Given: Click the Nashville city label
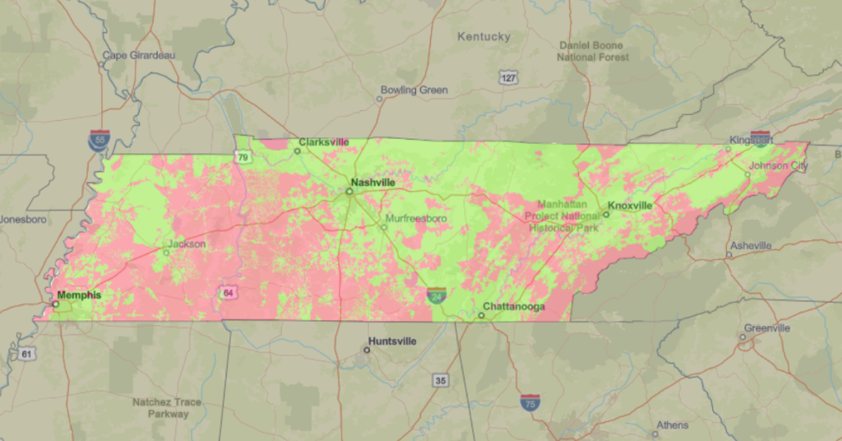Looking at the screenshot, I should [x=372, y=182].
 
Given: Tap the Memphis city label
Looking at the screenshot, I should [x=79, y=295].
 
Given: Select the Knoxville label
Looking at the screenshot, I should [x=630, y=205].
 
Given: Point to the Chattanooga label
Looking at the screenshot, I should [x=514, y=307].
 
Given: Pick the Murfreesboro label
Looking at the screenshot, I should [x=415, y=218].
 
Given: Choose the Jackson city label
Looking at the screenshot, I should [x=186, y=244].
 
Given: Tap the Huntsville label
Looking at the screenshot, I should [x=392, y=341].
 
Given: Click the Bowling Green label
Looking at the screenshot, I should [x=414, y=90].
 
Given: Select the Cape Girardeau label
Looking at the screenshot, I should [x=138, y=56].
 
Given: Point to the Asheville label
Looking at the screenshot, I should [x=750, y=245].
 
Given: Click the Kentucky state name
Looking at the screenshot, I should [x=483, y=36].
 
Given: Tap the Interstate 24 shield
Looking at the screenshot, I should [x=437, y=295].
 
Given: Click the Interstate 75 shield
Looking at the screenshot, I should [x=530, y=402].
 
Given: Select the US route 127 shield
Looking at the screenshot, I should [x=508, y=77].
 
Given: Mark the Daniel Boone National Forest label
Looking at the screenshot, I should [x=593, y=51].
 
